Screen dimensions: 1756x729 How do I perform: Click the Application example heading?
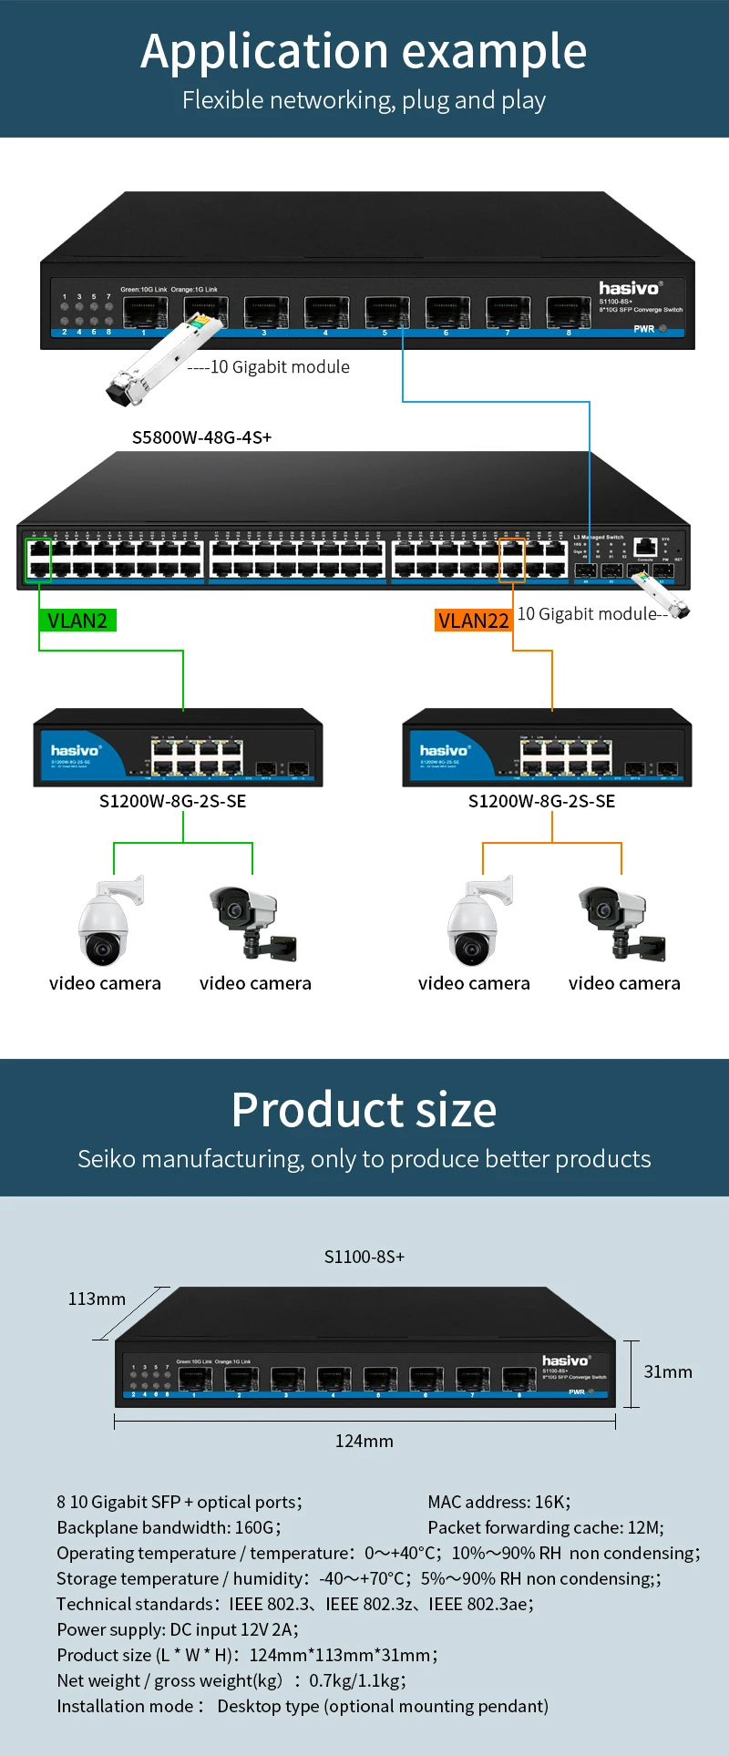point(364,51)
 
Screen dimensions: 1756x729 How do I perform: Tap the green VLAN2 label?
point(77,621)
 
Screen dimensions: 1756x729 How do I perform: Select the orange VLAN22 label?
point(473,621)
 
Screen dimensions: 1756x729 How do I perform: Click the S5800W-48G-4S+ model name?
point(201,437)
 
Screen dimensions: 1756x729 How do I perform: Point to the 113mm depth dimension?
point(97,1299)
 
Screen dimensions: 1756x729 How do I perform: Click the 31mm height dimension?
point(668,1371)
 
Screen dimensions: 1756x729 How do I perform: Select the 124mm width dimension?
point(364,1441)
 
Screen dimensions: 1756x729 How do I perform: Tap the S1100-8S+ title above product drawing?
point(364,1257)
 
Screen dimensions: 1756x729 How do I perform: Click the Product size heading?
point(364,1110)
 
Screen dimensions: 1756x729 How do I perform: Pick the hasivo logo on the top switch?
point(630,288)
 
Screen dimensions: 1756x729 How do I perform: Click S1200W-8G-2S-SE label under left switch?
point(172,801)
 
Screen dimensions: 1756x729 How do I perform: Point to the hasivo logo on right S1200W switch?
point(444,750)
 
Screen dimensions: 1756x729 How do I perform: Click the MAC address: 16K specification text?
point(498,1502)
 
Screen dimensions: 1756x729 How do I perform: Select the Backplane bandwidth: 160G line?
point(169,1527)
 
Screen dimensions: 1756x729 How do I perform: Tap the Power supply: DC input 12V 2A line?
point(177,1629)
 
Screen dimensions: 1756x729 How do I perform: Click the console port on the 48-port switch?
point(645,547)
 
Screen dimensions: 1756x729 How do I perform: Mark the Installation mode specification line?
point(302,1706)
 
